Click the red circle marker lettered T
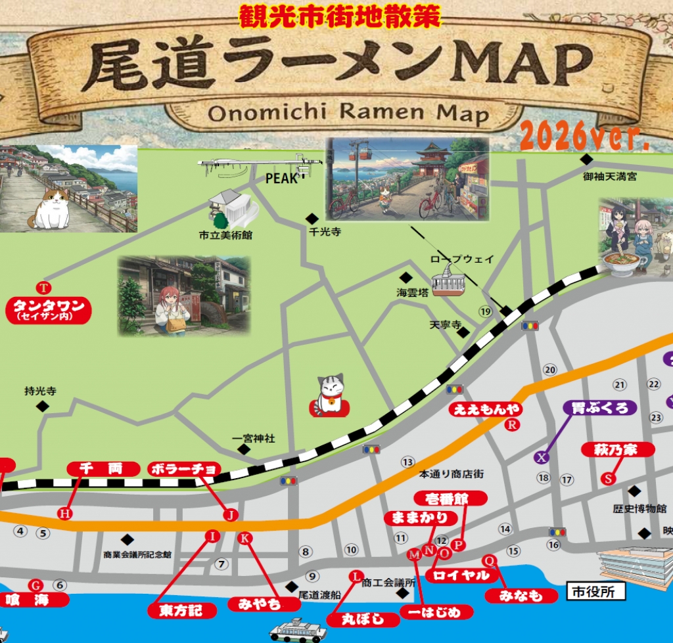[44, 288]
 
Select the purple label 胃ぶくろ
[600, 408]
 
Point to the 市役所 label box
[595, 592]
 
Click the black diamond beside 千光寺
[312, 218]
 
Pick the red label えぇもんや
[487, 410]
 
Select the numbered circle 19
[486, 311]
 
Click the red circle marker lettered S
[609, 479]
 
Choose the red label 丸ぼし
[364, 619]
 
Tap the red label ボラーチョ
[184, 469]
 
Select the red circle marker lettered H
[64, 514]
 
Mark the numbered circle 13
[407, 462]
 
